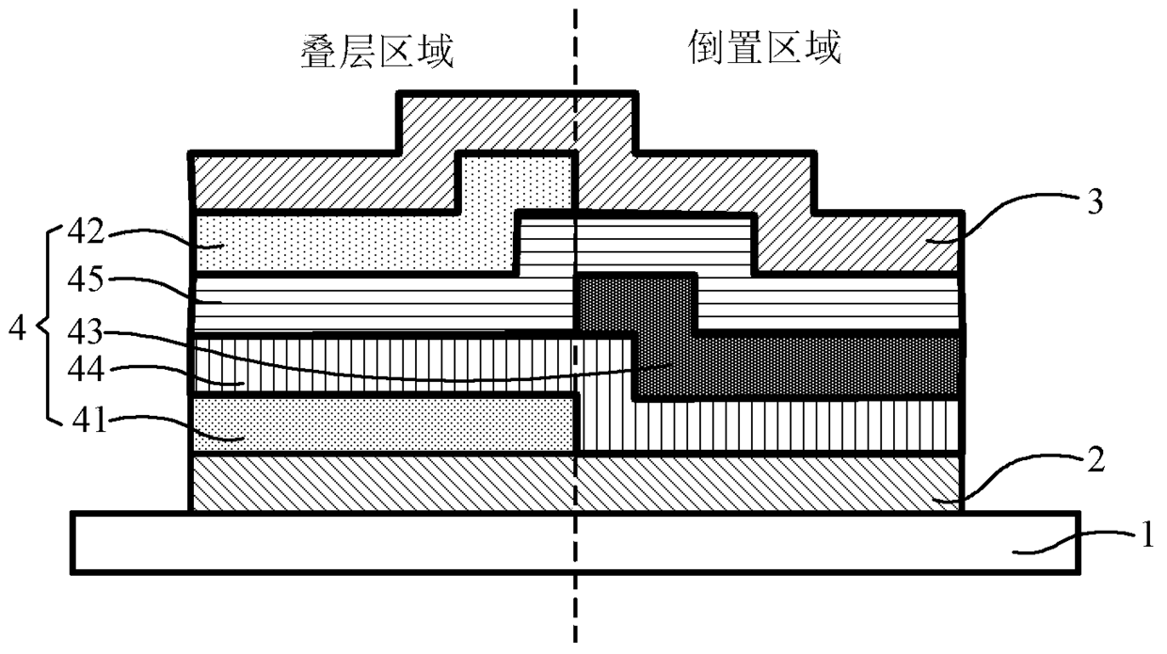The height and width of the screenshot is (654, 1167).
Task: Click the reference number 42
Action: pos(86,231)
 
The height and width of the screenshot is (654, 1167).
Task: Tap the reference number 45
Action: pos(86,279)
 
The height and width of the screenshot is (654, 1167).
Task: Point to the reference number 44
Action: pos(86,371)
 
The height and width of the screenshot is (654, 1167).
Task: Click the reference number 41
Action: pos(89,420)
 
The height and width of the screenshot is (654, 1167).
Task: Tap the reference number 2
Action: pos(1096,459)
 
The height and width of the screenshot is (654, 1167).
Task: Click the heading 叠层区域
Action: pos(377,51)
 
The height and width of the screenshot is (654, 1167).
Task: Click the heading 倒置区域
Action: pos(765,47)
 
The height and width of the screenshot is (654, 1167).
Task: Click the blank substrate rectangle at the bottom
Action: pos(576,543)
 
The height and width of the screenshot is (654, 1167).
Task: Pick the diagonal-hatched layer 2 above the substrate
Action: pos(576,483)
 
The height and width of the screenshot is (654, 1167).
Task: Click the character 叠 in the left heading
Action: pos(319,51)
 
